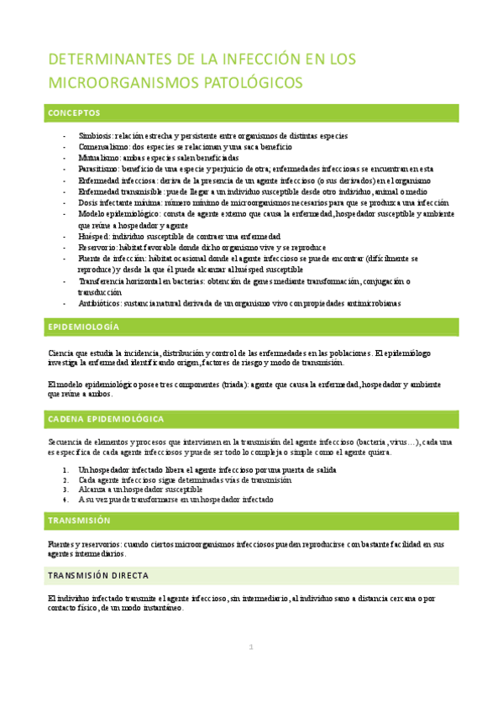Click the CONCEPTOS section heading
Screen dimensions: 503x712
click(75, 113)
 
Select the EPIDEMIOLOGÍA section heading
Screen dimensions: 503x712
click(84, 327)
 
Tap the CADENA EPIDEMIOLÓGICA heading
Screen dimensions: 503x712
click(106, 418)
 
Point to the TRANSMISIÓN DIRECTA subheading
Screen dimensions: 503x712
click(99, 576)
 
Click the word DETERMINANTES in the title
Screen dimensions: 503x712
click(102, 60)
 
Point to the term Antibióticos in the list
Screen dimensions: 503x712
click(99, 303)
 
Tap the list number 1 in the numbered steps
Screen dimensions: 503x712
click(65, 469)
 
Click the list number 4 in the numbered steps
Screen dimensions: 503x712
click(65, 499)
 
